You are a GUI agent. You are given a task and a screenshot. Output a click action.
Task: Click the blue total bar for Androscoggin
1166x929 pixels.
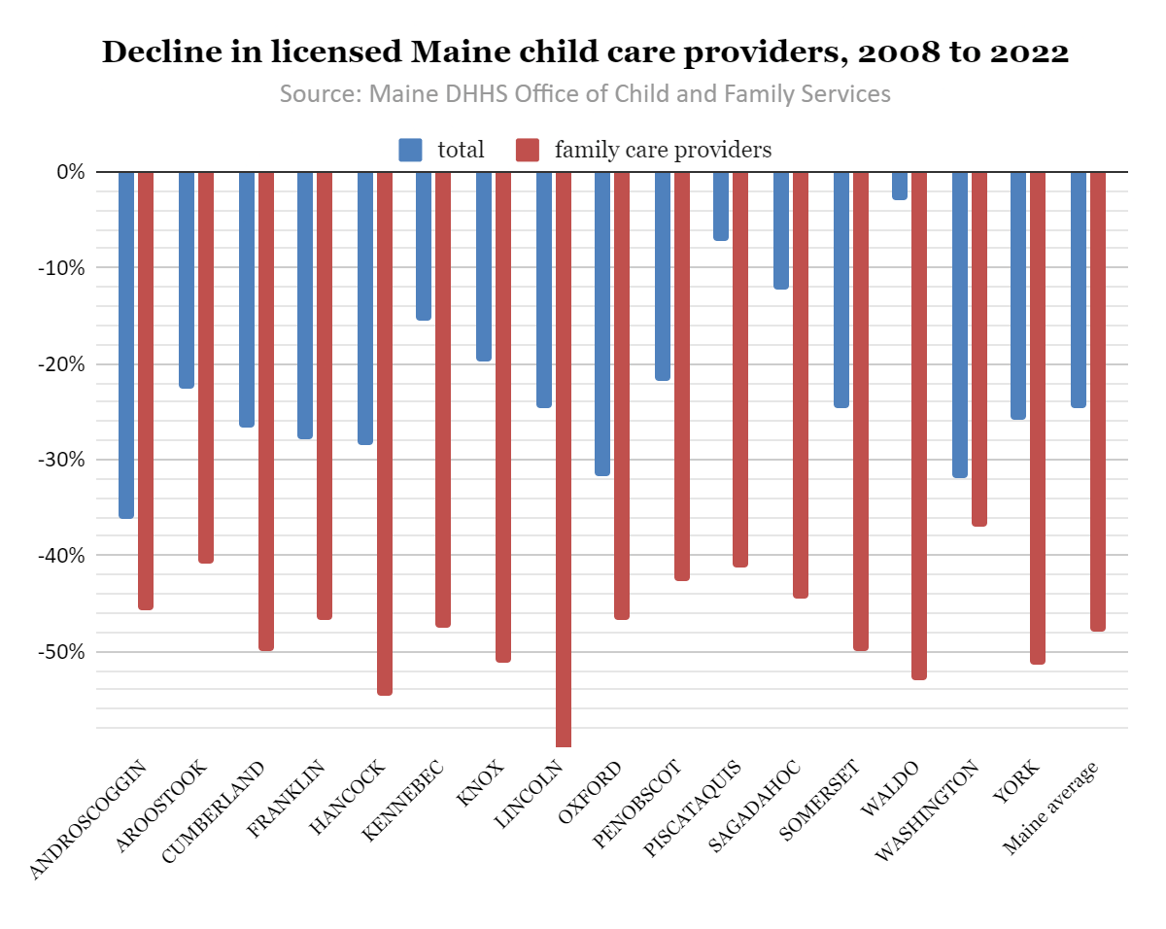tap(126, 345)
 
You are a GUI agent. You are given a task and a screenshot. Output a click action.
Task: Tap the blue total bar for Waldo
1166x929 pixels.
tap(900, 186)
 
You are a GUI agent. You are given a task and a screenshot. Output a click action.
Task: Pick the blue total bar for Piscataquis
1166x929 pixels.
tap(721, 206)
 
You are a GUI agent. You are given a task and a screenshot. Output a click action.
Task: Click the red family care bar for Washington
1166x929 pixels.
tap(979, 349)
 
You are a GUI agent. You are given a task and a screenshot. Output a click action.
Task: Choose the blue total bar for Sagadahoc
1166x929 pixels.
tap(781, 230)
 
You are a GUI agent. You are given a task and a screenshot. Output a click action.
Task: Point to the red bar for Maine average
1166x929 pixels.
tap(1098, 401)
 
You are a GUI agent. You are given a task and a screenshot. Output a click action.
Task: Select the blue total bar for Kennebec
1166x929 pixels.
tap(424, 246)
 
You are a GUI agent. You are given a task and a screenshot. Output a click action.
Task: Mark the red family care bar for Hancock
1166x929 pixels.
tap(385, 433)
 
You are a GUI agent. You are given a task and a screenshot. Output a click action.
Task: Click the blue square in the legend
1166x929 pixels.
tap(411, 150)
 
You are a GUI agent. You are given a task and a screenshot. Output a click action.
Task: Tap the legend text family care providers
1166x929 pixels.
tap(663, 150)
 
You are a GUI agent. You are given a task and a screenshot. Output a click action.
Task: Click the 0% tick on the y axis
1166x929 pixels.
tap(71, 172)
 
